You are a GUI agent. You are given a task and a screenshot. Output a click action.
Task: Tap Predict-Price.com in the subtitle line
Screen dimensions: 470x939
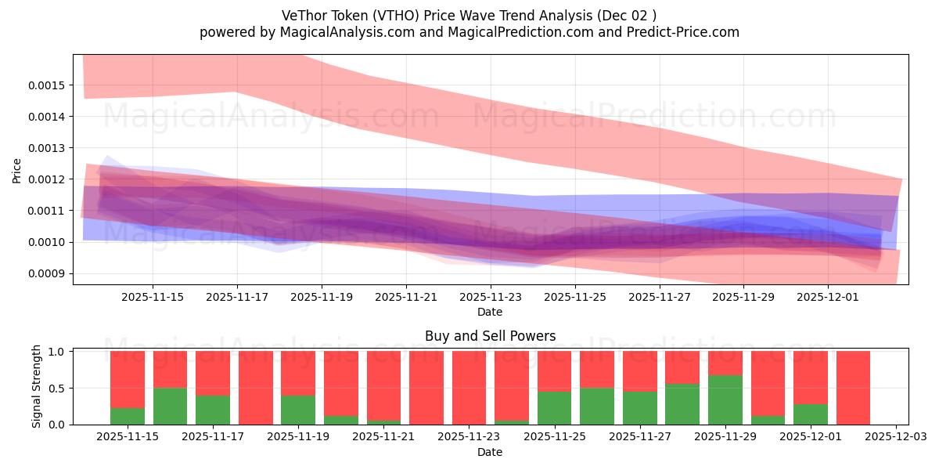678,32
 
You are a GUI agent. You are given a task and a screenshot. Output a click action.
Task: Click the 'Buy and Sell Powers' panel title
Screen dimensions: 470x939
490,336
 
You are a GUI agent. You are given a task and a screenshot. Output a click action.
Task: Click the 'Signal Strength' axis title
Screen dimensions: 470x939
37,387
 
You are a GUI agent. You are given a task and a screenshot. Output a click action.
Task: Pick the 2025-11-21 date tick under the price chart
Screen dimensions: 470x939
406,298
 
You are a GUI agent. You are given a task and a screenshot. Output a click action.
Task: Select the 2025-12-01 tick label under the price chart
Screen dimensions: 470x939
828,298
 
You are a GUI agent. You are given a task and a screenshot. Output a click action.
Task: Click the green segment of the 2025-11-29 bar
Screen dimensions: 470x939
725,399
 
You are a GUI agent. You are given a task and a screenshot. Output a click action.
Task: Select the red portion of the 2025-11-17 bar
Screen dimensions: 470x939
213,373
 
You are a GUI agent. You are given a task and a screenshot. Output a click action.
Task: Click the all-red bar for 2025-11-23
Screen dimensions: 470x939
469,388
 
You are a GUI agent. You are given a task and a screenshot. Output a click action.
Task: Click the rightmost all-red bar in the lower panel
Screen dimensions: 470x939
853,388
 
